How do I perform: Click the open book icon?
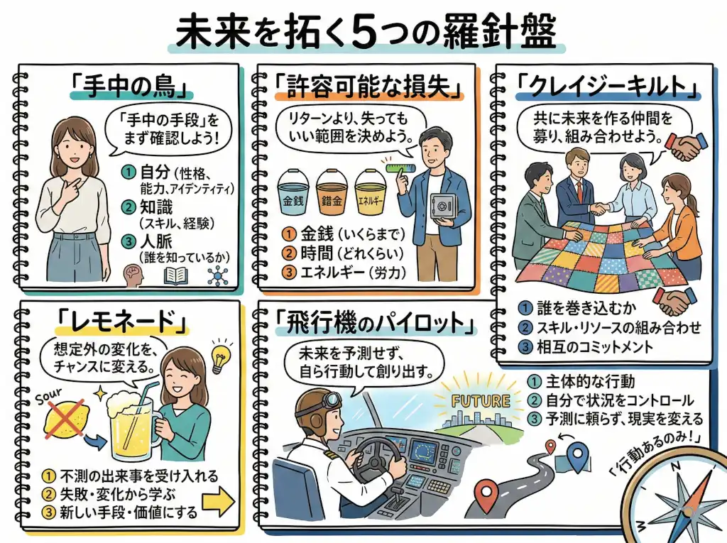coord(175,275)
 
